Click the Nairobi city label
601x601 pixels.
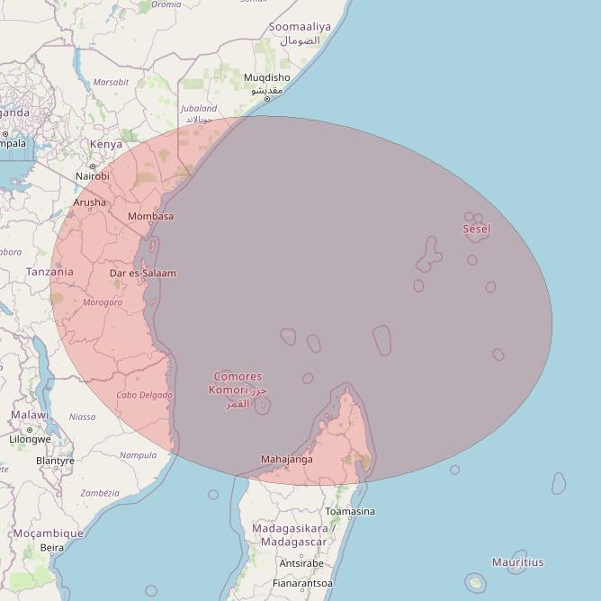pyautogui.click(x=92, y=177)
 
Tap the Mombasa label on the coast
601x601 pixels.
pyautogui.click(x=150, y=217)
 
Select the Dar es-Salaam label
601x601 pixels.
pyautogui.click(x=142, y=273)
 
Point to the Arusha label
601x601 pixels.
pyautogui.click(x=89, y=202)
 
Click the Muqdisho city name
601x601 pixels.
pyautogui.click(x=267, y=78)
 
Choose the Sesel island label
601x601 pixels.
pyautogui.click(x=477, y=229)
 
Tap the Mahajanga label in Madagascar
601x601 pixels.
pyautogui.click(x=287, y=459)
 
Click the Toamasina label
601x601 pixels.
pyautogui.click(x=350, y=511)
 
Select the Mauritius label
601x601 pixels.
pyautogui.click(x=517, y=562)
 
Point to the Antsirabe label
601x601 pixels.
pyautogui.click(x=301, y=563)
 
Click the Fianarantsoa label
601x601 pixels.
pyautogui.click(x=302, y=583)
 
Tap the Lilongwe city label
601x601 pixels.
pyautogui.click(x=30, y=439)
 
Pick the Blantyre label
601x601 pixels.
pyautogui.click(x=55, y=461)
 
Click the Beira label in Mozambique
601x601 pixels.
pyautogui.click(x=52, y=547)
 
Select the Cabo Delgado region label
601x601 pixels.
pyautogui.click(x=144, y=395)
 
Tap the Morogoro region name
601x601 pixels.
pyautogui.click(x=103, y=302)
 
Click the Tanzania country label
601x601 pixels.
pyautogui.click(x=49, y=272)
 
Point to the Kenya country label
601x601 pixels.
pyautogui.click(x=106, y=144)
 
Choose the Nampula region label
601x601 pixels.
pyautogui.click(x=138, y=455)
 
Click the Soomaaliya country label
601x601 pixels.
pyautogui.click(x=300, y=27)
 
